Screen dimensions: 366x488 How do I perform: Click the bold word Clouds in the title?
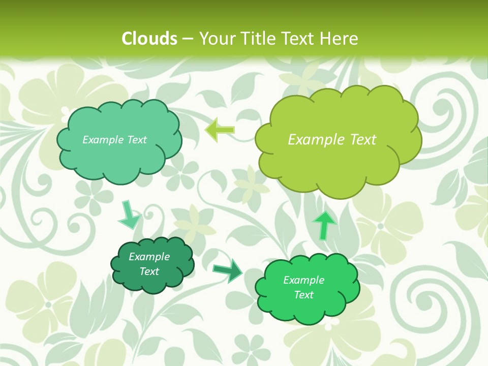click(149, 39)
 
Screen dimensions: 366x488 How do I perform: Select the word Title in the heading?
click(255, 39)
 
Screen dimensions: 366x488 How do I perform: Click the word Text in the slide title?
click(297, 39)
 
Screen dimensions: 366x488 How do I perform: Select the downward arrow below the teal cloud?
click(129, 215)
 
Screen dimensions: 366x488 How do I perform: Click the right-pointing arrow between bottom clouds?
click(228, 270)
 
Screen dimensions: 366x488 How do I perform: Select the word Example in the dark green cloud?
click(149, 257)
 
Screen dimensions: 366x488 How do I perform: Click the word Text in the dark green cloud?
click(149, 271)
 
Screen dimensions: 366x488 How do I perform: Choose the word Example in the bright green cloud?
click(303, 280)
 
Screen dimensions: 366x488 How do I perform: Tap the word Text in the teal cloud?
click(136, 140)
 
